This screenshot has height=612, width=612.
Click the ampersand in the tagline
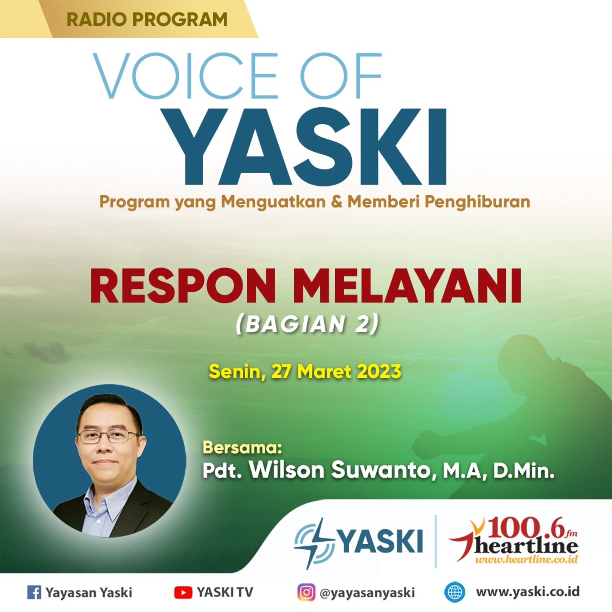point(337,202)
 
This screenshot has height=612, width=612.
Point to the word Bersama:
point(242,447)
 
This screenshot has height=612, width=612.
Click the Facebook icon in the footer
point(34,592)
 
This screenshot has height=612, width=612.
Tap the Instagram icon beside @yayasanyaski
point(306,592)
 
